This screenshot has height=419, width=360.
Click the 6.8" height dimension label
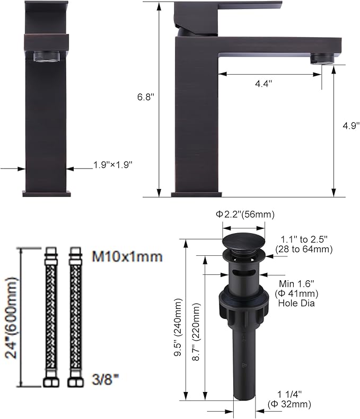coord(146,97)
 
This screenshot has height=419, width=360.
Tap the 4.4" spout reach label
coord(264,84)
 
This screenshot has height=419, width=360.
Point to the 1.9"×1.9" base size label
coord(113,165)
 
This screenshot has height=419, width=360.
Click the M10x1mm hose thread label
coord(127,256)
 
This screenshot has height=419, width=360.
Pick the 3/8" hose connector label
coord(105,379)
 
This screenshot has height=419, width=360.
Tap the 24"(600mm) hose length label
coord(11,318)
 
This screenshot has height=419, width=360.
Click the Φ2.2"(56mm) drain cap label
coord(245,215)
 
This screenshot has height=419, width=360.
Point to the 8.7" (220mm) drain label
coord(196,332)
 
